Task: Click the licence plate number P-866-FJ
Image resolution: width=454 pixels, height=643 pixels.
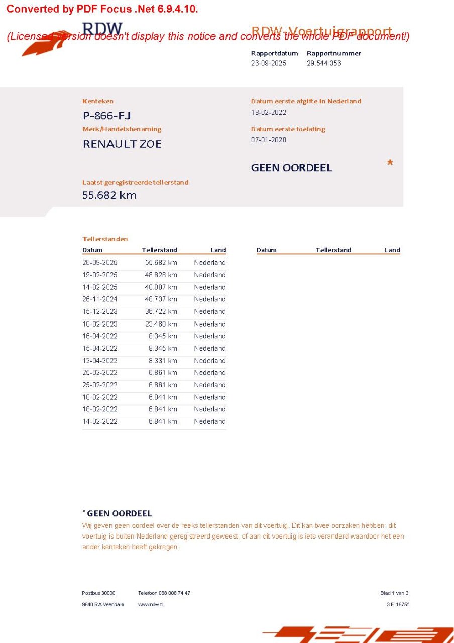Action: [107, 116]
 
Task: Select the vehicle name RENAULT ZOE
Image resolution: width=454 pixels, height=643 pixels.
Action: [122, 144]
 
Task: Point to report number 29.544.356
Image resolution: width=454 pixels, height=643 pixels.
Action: [324, 63]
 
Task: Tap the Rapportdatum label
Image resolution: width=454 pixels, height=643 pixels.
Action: [274, 53]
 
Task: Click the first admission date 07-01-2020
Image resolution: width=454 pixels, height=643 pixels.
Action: [269, 140]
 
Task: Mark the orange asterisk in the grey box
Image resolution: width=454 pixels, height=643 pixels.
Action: [390, 164]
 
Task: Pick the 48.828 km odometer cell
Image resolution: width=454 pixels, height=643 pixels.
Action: [161, 275]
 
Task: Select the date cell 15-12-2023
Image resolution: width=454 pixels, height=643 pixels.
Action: [100, 311]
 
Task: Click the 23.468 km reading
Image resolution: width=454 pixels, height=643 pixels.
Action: [161, 324]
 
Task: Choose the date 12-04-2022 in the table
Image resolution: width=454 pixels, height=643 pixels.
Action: [100, 361]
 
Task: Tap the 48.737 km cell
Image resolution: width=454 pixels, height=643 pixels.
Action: [161, 299]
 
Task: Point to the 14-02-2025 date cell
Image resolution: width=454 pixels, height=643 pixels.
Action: [100, 287]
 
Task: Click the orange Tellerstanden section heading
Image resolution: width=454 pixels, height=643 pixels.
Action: [105, 239]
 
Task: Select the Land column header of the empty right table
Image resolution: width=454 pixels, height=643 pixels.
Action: [392, 250]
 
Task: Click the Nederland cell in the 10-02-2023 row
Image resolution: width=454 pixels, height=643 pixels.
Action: [210, 324]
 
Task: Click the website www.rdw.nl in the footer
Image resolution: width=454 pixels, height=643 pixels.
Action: [151, 604]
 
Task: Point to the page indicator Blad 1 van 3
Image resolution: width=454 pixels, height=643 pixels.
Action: [394, 593]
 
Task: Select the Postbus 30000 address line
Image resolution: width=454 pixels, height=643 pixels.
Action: [98, 593]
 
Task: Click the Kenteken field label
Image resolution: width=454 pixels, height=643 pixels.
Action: [98, 101]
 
